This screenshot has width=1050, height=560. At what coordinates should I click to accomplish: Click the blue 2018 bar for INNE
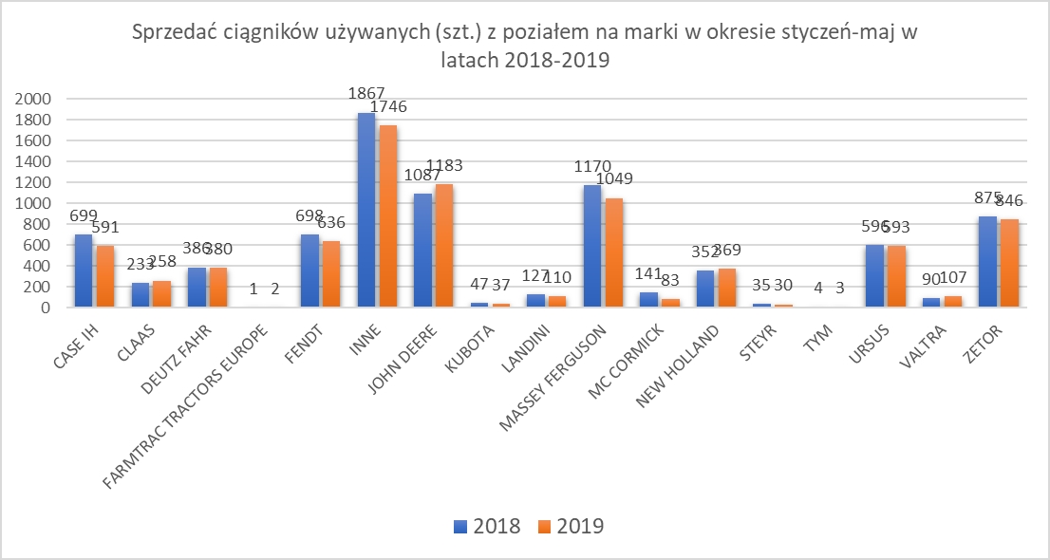coord(366,210)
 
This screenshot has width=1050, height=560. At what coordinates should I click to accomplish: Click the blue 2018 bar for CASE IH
coord(83,271)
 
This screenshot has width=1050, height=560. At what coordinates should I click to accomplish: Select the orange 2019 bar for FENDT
coord(329,274)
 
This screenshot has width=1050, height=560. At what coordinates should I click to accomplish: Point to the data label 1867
coord(366,93)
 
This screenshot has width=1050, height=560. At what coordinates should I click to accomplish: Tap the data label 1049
coord(613,178)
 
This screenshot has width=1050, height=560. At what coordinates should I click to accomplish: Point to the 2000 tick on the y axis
coord(34,99)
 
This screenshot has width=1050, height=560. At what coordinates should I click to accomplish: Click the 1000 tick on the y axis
coord(34,203)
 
